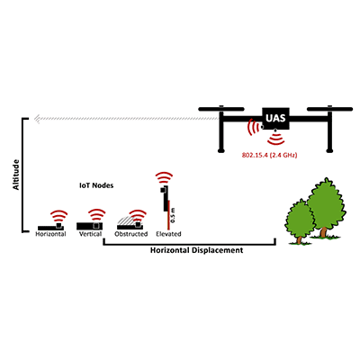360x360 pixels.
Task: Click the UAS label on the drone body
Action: (x=275, y=118)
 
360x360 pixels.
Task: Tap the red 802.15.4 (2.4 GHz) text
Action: (x=269, y=156)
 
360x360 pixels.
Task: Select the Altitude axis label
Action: (x=15, y=175)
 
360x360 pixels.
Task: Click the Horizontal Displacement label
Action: (x=196, y=250)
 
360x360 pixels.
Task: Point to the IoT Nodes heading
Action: (x=96, y=185)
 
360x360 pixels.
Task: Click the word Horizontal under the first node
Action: (x=50, y=234)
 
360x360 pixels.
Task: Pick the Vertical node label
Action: (x=90, y=234)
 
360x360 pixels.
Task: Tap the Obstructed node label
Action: (x=131, y=234)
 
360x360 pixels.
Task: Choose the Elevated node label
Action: (x=168, y=234)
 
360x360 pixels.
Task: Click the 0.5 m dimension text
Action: (x=173, y=215)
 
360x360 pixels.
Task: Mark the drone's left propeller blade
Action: (x=221, y=109)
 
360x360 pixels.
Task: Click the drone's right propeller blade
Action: (x=329, y=109)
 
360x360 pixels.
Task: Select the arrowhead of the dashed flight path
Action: (x=38, y=119)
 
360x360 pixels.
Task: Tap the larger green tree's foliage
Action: (x=326, y=202)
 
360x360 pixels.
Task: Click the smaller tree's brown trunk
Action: (x=299, y=239)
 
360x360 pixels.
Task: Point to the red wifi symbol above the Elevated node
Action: (x=164, y=177)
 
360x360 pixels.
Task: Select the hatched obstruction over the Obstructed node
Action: (x=126, y=220)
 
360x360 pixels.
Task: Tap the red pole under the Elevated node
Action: (x=168, y=215)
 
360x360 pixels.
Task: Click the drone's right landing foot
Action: (x=330, y=150)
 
